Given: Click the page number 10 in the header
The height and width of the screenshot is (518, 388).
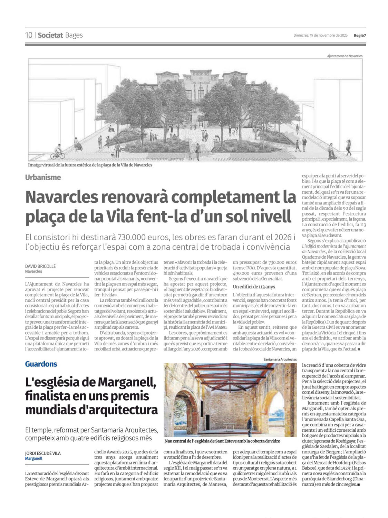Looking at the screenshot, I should click(x=29, y=35).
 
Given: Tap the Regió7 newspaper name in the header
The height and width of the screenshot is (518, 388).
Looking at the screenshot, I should click(x=359, y=35).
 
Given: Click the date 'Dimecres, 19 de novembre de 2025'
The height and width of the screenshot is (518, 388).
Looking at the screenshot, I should click(x=320, y=35).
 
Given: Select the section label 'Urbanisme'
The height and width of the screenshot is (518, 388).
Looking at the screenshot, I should click(x=43, y=178).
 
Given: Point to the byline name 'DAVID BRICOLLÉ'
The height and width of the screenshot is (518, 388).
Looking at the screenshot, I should click(x=40, y=266).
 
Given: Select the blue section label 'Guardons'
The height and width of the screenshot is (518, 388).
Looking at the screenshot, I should click(x=41, y=364).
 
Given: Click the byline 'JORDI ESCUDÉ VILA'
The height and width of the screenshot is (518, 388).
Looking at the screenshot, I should click(x=43, y=453).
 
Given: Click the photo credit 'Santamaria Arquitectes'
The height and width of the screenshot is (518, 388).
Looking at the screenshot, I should click(x=280, y=359).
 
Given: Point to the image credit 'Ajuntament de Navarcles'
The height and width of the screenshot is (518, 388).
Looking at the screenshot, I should click(x=345, y=56).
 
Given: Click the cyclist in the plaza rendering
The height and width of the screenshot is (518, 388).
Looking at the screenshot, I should click(x=58, y=152).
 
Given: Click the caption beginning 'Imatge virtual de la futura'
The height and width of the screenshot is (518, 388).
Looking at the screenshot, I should click(x=90, y=165).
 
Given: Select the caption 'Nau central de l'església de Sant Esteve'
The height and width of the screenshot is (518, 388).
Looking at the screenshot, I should click(x=222, y=441).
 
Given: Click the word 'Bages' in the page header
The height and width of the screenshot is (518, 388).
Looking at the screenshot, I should click(x=74, y=35).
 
